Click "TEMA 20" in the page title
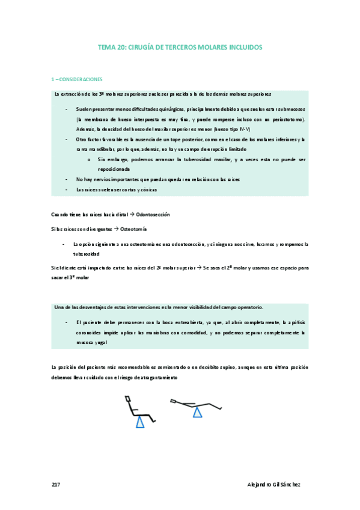(110, 47)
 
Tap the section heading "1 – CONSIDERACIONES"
(78, 79)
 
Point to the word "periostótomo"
(288, 120)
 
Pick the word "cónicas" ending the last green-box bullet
(147, 189)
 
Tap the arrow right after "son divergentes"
(116, 230)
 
